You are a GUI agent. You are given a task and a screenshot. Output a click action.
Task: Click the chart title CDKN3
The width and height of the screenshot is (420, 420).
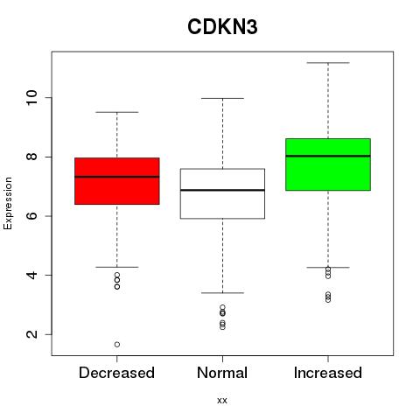pos(222,27)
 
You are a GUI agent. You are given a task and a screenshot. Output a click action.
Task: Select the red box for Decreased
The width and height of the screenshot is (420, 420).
pos(117,181)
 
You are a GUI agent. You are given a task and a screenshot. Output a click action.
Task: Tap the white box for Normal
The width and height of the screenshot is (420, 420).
pos(222,193)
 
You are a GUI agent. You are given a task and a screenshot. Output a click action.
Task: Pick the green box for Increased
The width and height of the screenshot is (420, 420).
pos(328,164)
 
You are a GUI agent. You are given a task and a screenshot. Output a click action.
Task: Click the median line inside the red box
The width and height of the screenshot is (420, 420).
pos(117,177)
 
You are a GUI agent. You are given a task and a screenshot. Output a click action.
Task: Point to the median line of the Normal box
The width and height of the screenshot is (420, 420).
pos(222,190)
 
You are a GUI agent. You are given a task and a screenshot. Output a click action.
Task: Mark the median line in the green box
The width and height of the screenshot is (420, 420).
pos(328,156)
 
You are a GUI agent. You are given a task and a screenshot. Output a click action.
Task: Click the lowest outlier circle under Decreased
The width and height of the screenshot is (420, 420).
pos(117,345)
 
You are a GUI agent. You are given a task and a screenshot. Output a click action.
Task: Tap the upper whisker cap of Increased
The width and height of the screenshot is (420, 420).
pos(328,63)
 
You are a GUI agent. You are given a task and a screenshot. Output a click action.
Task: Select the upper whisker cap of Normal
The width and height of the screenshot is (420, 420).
pos(222,98)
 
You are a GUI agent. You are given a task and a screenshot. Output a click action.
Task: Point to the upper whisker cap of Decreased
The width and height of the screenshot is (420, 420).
pos(117,112)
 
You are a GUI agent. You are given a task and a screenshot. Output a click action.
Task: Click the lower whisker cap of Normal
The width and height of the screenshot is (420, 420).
pos(222,293)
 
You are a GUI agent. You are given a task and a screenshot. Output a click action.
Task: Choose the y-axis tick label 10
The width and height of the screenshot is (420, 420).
pos(32,98)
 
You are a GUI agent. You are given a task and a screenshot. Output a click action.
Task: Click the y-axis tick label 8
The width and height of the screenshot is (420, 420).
pos(32,157)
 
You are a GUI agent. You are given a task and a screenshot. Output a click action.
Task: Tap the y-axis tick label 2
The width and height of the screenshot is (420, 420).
pos(32,334)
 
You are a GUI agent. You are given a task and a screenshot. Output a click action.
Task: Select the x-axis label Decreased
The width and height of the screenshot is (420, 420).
pos(116,373)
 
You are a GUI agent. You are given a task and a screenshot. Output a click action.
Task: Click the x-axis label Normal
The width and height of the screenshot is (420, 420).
pos(222,373)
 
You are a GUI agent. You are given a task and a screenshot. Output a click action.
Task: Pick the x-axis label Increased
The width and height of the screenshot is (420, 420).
pos(328,373)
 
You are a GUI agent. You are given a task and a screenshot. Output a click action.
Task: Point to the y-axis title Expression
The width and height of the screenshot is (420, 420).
pos(8,203)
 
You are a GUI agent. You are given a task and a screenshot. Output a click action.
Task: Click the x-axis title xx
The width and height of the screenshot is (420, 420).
pos(222,401)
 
